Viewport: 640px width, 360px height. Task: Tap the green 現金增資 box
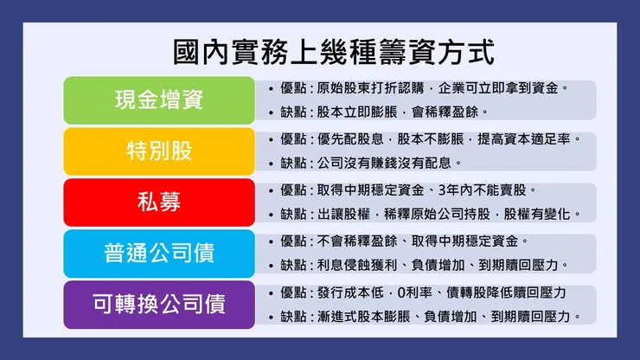point(159,100)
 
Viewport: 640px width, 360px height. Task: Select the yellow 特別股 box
point(159,151)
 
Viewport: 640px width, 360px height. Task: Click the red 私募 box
point(159,202)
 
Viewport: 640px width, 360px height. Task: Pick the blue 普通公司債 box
point(159,253)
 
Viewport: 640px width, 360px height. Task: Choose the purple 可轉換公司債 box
point(159,304)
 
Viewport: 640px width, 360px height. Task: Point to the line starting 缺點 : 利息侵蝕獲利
point(424,265)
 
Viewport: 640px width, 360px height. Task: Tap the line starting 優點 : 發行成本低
point(424,292)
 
